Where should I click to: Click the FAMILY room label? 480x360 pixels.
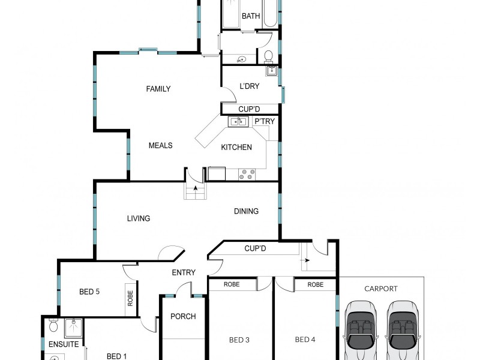coord(158,89)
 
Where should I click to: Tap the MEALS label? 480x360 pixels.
coord(160,146)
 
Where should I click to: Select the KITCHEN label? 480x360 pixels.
coord(236,148)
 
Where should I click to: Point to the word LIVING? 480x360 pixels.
coord(138,218)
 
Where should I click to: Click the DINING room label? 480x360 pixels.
coord(246,211)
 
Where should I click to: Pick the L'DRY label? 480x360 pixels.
coord(249,86)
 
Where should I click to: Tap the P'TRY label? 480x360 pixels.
coord(265,122)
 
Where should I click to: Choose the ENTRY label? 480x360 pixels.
coord(184,273)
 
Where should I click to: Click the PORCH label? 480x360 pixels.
coord(183,317)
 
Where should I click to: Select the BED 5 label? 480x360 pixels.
coord(89,292)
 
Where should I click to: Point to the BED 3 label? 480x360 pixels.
coord(239,340)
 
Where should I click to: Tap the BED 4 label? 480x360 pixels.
coord(305,340)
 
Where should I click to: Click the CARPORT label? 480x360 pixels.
coord(381,289)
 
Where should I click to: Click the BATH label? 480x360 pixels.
coord(251,16)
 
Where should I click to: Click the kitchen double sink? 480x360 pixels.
coord(238,122)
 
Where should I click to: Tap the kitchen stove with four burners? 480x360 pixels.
coord(247,174)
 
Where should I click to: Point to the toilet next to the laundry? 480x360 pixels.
coord(269,56)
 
